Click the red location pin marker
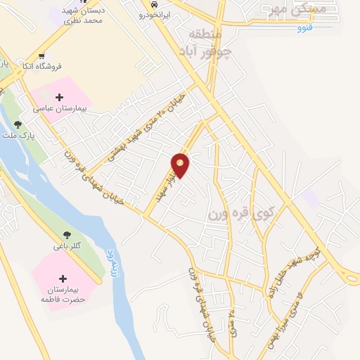[181, 165]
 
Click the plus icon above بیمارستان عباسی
[59, 97]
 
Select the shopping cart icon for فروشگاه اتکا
[42, 56]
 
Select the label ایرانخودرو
[154, 15]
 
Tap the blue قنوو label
[304, 27]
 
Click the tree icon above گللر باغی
[67, 236]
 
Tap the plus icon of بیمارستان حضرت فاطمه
[63, 278]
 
